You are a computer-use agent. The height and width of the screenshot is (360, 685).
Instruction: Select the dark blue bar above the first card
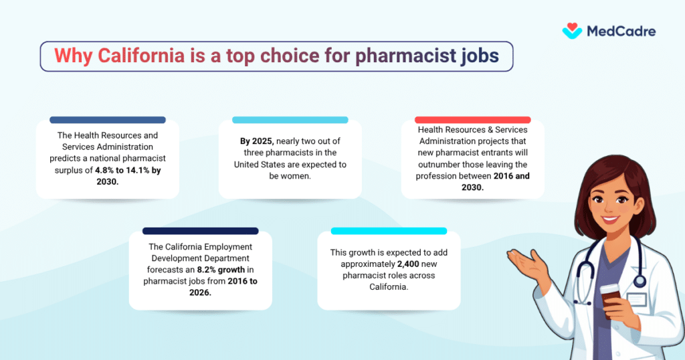point(108,120)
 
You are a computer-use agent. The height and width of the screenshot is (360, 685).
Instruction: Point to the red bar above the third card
point(473,120)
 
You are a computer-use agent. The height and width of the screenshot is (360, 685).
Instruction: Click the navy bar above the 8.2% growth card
point(201,231)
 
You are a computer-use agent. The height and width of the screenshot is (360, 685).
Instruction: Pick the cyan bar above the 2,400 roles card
point(389,231)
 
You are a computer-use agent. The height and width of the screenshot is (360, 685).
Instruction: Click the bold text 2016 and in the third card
point(510,175)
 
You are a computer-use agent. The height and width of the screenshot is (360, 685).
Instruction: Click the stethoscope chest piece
point(640,280)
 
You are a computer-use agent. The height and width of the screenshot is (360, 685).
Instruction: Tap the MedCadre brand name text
point(621,31)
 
